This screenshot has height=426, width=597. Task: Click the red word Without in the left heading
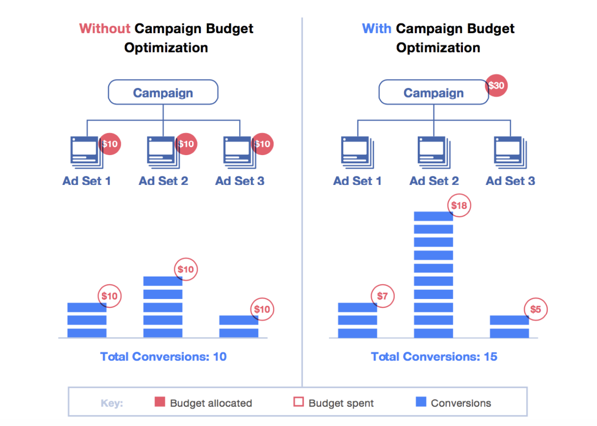click(105, 29)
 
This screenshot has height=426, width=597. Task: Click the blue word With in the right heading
click(376, 29)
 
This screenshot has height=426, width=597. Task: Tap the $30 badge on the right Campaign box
click(496, 86)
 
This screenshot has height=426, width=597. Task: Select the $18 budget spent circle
click(459, 206)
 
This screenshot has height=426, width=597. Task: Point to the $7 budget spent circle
click(382, 296)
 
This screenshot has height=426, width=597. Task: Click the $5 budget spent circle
click(535, 309)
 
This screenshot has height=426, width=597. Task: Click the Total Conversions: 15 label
click(434, 357)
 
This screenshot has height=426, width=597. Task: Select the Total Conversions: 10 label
click(164, 357)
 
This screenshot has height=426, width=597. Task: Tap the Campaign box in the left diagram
click(163, 92)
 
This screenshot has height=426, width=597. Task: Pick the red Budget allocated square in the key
click(160, 402)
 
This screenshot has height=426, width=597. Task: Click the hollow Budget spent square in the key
click(298, 402)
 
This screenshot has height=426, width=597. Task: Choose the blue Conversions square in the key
click(421, 402)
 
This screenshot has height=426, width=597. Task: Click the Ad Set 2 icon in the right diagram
click(433, 152)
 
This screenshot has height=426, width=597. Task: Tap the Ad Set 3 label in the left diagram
click(240, 181)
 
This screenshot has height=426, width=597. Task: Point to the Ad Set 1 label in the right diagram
click(357, 181)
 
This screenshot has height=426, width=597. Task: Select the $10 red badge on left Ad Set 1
click(110, 144)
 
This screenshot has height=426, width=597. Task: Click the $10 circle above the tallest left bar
click(186, 270)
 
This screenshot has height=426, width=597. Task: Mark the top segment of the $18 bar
click(433, 216)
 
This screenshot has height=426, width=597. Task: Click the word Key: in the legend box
click(112, 403)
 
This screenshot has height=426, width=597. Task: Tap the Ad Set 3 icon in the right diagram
click(510, 152)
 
